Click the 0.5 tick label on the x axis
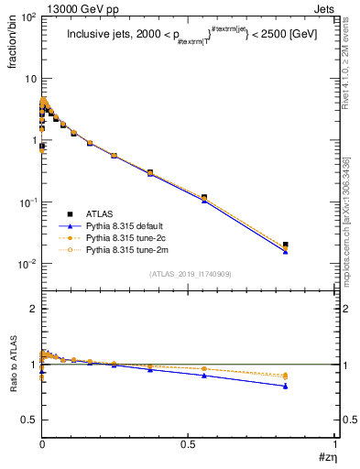(x=189, y=444)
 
